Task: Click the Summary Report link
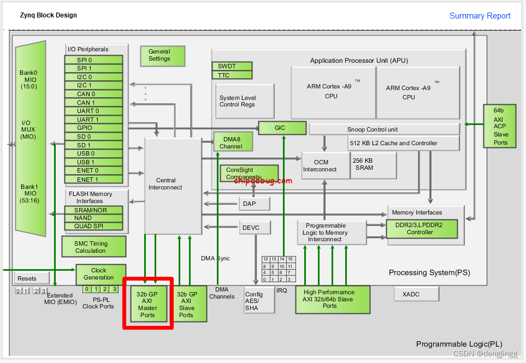coord(480,16)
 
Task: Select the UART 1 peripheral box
coord(87,120)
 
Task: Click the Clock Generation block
coord(98,274)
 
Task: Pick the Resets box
coord(27,278)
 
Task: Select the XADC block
coord(416,294)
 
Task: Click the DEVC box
coord(251,228)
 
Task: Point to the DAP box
coord(255,204)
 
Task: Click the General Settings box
coord(159,55)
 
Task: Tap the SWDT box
coord(232,66)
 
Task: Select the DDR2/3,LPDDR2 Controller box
coord(422,229)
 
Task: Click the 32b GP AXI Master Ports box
coord(147,304)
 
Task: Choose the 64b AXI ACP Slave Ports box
coord(500,127)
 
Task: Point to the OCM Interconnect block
coord(324,165)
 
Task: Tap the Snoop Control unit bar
coord(384,129)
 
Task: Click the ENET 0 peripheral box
coord(87,171)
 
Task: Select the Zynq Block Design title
coord(49,15)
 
